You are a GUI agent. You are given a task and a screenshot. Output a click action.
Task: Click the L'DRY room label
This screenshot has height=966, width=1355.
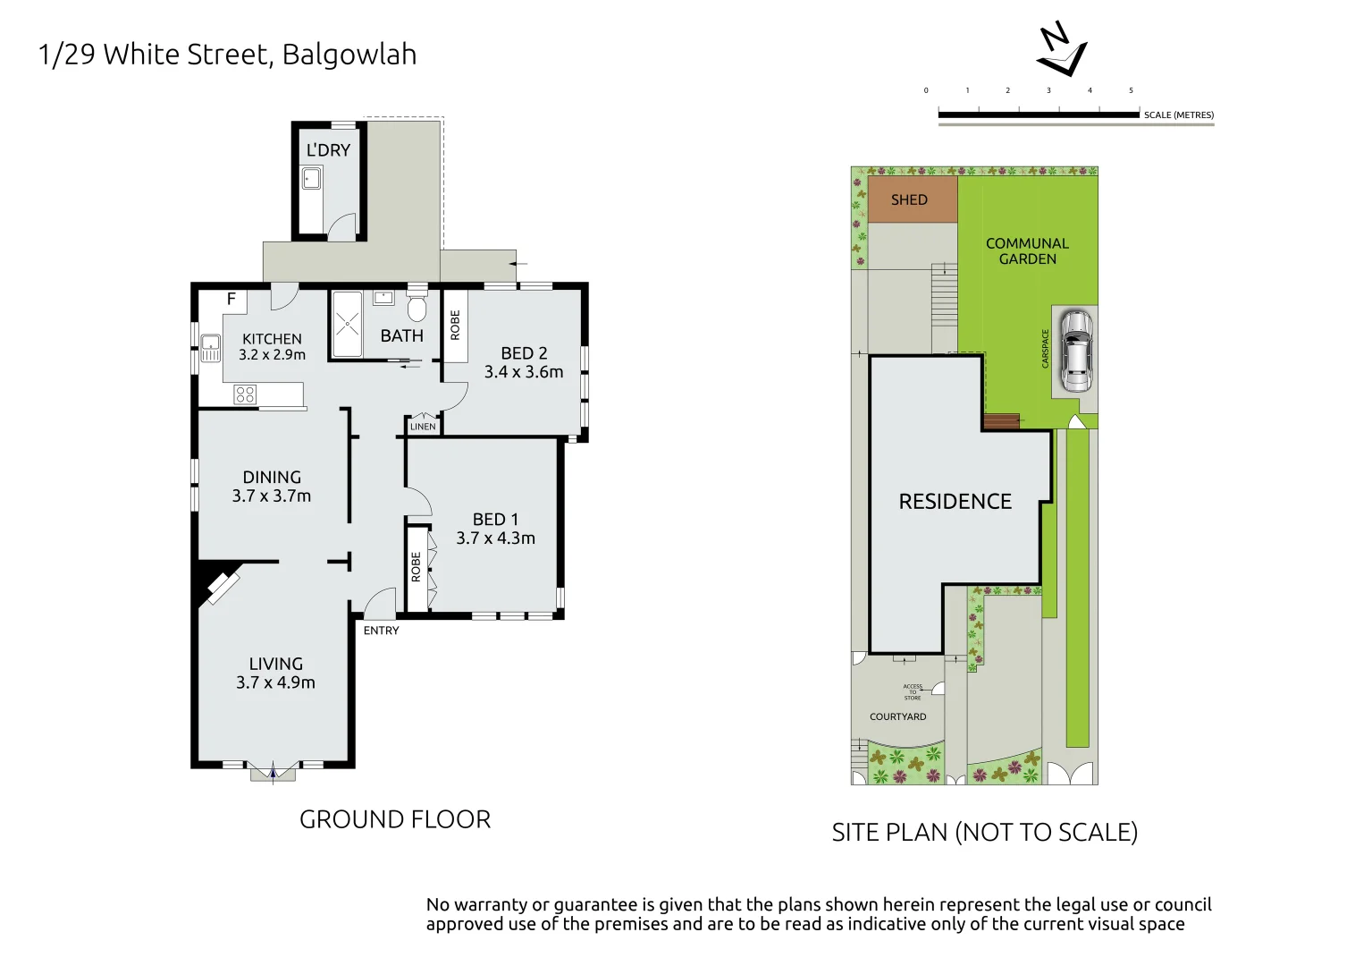(x=328, y=150)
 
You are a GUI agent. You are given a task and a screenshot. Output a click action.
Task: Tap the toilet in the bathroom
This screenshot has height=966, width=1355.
(x=417, y=306)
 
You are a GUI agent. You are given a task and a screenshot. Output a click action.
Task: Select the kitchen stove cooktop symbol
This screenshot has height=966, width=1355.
(x=245, y=394)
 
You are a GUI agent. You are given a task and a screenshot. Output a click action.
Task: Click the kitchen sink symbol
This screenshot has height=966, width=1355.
(x=210, y=348)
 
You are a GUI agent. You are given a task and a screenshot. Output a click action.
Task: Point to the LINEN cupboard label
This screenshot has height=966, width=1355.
(x=423, y=427)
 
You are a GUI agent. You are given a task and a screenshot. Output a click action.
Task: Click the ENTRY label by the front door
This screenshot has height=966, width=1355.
(x=381, y=631)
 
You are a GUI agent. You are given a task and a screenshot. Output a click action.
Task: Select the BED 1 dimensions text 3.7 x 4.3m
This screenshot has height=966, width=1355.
(x=495, y=538)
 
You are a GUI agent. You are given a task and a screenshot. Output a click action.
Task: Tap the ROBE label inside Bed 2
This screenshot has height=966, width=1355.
(x=455, y=325)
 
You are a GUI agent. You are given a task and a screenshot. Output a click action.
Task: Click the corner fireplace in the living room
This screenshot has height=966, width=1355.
(x=220, y=586)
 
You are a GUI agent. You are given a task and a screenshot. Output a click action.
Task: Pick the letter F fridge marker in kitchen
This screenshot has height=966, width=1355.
(x=231, y=300)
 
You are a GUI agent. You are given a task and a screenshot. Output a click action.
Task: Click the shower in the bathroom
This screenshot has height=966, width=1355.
(x=347, y=323)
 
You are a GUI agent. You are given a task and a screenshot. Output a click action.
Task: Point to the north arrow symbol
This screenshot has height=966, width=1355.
(x=1061, y=52)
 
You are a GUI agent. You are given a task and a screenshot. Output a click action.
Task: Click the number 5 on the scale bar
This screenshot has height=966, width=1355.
(x=1131, y=90)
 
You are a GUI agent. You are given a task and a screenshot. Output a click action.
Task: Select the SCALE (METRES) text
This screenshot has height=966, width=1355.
(x=1178, y=115)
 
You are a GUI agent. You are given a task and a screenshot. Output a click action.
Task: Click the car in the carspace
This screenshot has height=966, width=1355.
(x=1075, y=351)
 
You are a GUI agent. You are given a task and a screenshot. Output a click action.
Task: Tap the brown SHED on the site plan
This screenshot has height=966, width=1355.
(x=910, y=199)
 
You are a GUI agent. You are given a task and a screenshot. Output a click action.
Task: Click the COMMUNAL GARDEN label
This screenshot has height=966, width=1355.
(x=1027, y=250)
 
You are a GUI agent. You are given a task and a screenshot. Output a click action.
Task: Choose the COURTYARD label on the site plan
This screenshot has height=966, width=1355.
(x=897, y=716)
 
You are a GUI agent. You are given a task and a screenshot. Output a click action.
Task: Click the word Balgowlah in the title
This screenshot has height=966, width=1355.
(x=349, y=55)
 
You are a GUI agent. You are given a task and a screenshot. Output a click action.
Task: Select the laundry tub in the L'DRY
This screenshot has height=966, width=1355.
(x=311, y=178)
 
